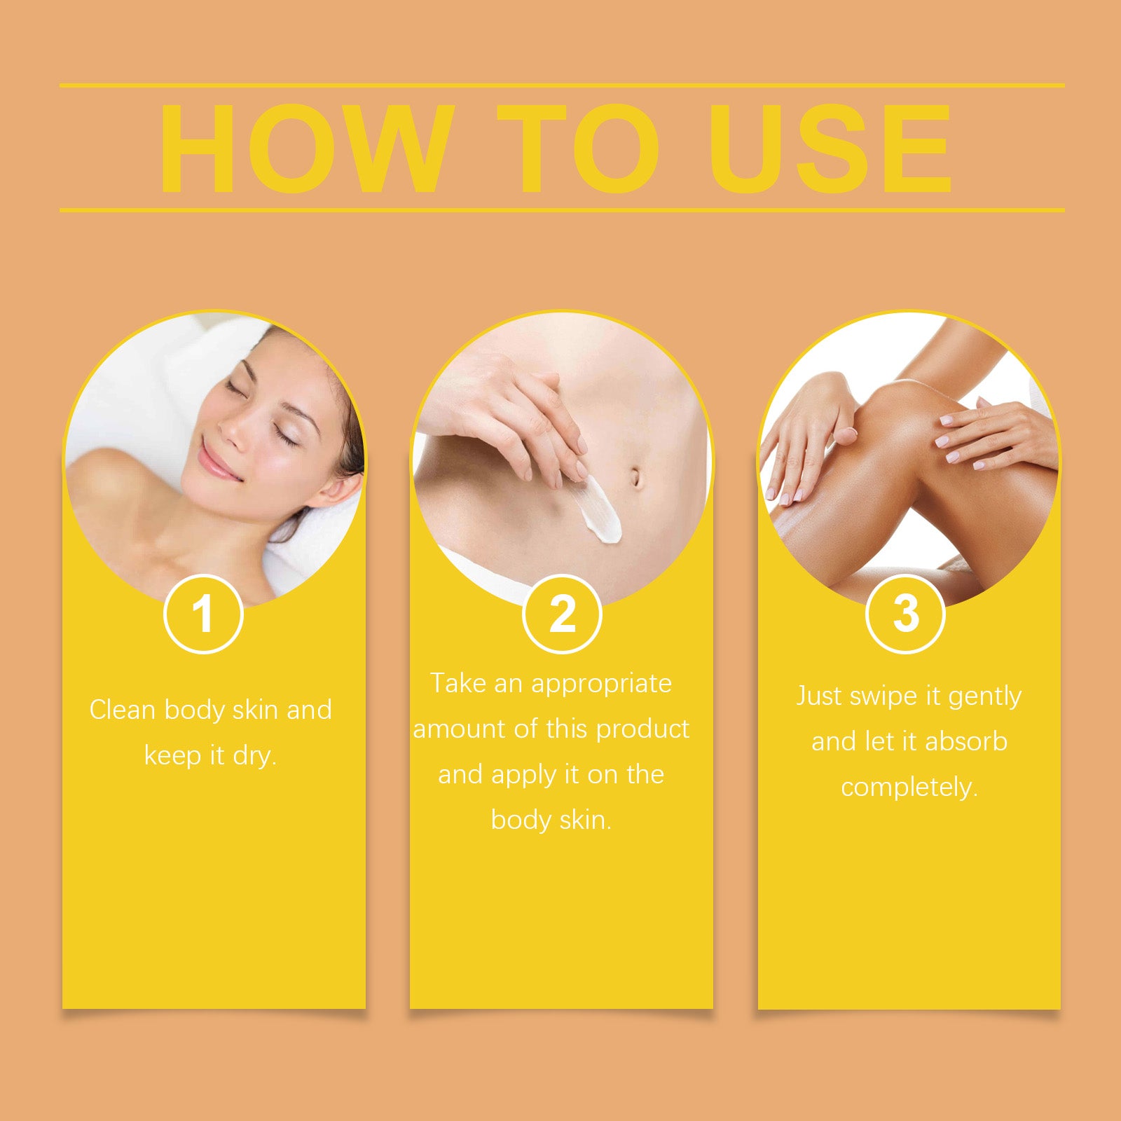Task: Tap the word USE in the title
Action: [x=830, y=149]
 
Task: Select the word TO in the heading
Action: [x=579, y=149]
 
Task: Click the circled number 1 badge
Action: [x=203, y=614]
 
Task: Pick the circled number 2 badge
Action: [x=562, y=614]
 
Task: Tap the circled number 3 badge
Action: [x=905, y=614]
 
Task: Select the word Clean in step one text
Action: [x=122, y=710]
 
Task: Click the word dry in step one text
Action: [x=254, y=756]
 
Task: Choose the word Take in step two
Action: [x=458, y=683]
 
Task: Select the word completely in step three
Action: [x=909, y=788]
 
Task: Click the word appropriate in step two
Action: [x=601, y=684]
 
